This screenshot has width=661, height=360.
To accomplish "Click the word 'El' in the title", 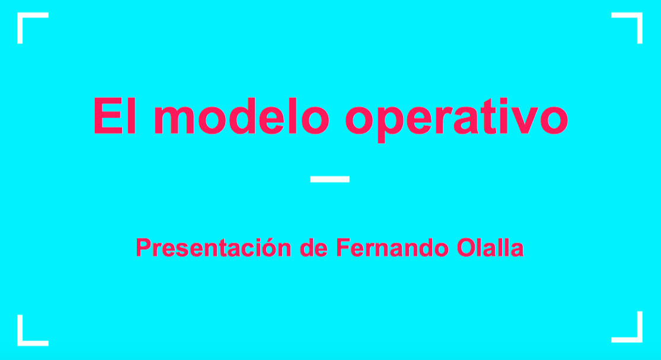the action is [114, 116].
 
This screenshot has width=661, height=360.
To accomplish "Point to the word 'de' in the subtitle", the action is [314, 247].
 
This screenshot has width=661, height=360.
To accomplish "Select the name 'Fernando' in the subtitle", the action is [392, 247].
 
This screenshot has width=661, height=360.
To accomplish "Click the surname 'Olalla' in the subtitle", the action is [490, 247].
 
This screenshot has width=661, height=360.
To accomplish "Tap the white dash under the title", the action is [330, 179].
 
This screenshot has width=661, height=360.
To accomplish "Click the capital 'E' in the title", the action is [108, 116].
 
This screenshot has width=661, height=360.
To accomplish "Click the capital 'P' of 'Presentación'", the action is [143, 247].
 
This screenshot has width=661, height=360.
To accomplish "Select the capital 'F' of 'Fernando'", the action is [343, 247].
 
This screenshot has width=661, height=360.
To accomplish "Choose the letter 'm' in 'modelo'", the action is [174, 120].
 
